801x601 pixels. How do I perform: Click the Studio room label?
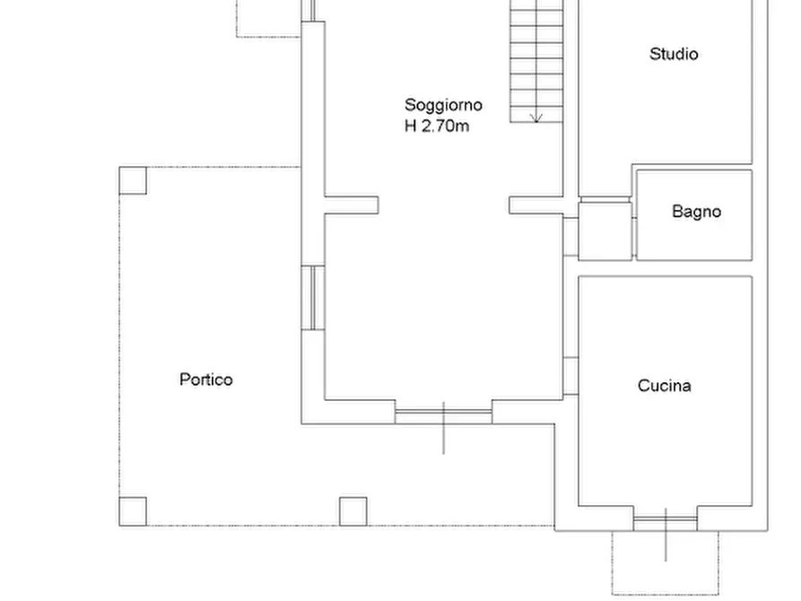click(x=674, y=54)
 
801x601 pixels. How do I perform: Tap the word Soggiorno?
click(x=443, y=105)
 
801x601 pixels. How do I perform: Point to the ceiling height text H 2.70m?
click(x=437, y=126)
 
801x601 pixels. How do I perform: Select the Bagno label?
click(x=696, y=213)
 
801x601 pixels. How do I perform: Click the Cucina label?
click(x=664, y=386)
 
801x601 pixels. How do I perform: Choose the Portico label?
click(x=205, y=379)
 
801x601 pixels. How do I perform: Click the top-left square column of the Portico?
click(x=133, y=180)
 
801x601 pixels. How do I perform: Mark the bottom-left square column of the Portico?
click(x=133, y=511)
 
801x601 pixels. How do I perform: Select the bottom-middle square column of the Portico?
click(x=353, y=511)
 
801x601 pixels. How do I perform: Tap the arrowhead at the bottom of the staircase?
click(x=536, y=118)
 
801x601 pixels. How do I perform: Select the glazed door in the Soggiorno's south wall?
click(x=443, y=415)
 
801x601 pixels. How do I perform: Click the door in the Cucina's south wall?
click(x=665, y=518)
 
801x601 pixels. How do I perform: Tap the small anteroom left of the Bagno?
click(x=605, y=231)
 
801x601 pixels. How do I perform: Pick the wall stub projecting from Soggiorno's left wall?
click(x=350, y=205)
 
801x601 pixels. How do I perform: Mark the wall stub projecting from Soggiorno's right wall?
click(x=536, y=205)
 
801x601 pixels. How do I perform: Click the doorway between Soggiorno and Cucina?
click(x=570, y=376)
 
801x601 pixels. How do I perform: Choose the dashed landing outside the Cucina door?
click(x=665, y=562)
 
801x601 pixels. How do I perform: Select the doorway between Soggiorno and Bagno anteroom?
click(x=570, y=236)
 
